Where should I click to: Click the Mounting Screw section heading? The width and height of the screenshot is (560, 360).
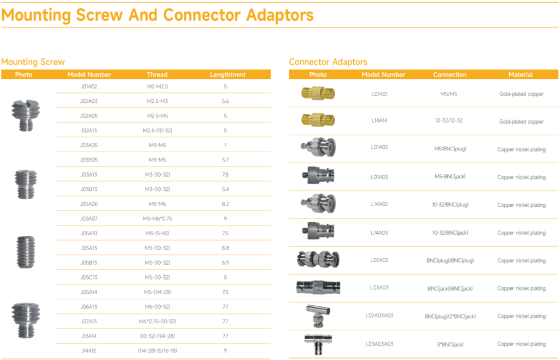click(33, 62)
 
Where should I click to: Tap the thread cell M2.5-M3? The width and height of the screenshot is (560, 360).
click(157, 101)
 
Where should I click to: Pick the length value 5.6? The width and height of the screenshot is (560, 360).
click(225, 101)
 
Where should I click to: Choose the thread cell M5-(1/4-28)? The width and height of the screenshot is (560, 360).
click(157, 292)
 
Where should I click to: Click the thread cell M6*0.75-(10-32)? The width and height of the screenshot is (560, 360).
click(157, 321)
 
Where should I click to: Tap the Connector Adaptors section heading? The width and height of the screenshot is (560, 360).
click(328, 62)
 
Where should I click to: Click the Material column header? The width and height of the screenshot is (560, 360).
click(521, 74)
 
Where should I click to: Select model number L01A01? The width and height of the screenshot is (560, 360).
click(379, 94)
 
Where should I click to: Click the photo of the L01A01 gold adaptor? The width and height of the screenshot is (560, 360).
click(317, 94)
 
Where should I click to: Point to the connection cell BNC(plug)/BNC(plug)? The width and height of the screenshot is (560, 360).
click(450, 260)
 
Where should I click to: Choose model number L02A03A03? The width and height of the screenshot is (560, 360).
click(379, 316)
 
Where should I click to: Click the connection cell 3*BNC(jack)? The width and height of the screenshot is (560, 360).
click(450, 344)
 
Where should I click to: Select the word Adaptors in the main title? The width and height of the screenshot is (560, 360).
click(276, 15)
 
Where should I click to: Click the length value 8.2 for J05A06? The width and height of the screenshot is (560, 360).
click(225, 204)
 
